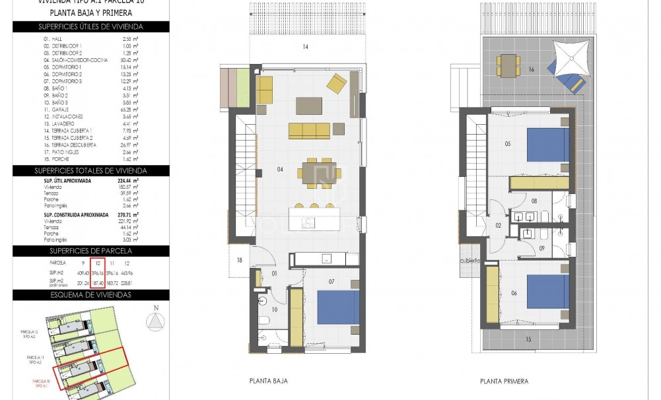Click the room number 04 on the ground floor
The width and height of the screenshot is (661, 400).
280,170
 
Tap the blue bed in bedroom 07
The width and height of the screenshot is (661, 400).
337,306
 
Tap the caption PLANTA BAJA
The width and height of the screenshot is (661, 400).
269,381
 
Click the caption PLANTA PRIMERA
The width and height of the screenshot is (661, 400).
504,381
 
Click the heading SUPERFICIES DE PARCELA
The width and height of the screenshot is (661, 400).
90,251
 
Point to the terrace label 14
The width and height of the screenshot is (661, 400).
305,47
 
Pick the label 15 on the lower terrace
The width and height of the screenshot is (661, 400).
528,340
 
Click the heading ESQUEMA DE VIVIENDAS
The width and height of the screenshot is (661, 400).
90,294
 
